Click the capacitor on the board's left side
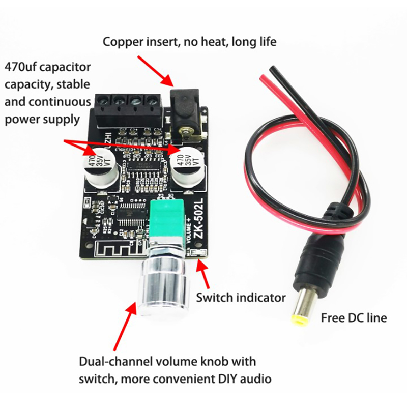coord(101,166)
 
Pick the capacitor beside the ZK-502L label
coord(186,166)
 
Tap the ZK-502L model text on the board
coord(199,213)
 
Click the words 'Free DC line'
coord(354,318)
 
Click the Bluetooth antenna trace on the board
coord(110,252)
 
